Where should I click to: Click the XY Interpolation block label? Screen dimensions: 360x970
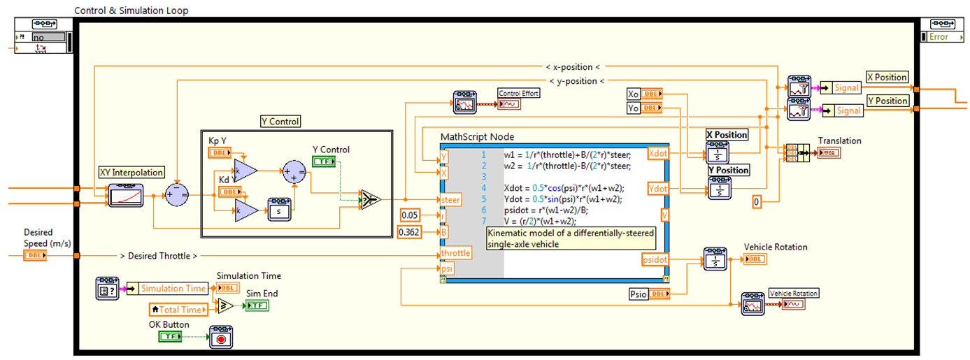[131, 173]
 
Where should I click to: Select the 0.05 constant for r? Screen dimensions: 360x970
[411, 215]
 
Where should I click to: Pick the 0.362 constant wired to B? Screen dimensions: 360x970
[410, 232]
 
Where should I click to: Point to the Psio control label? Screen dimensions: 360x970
[639, 294]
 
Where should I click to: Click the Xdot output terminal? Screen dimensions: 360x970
[658, 152]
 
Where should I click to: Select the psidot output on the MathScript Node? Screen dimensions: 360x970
[655, 259]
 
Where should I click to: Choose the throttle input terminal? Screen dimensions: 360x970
[455, 252]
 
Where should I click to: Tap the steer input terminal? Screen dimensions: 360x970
[450, 200]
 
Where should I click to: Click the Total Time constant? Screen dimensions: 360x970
[179, 309]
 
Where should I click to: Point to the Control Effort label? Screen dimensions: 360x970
[518, 93]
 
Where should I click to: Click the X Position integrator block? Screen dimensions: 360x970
[718, 153]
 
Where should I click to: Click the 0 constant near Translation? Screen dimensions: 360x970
[756, 202]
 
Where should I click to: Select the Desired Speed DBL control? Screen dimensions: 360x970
[35, 256]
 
